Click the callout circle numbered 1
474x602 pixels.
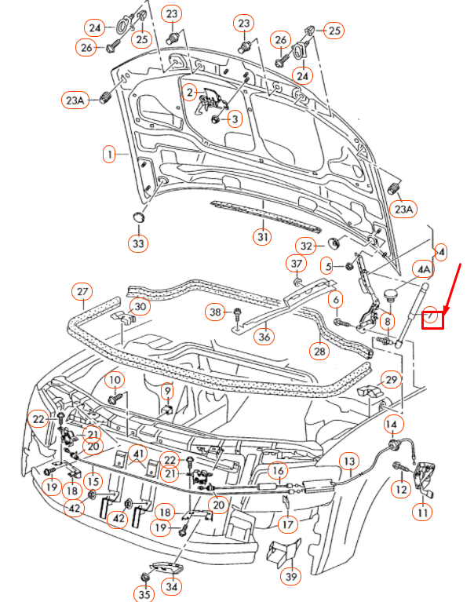[x=110, y=155]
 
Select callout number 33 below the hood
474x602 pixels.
[x=138, y=244]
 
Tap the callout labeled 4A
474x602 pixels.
[x=424, y=270]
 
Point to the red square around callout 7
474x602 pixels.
[x=433, y=319]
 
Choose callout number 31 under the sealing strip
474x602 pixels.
[x=261, y=235]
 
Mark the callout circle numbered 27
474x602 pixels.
[x=82, y=292]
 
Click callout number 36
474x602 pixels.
[x=264, y=337]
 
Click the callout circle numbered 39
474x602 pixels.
[x=292, y=578]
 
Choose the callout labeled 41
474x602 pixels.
[x=138, y=454]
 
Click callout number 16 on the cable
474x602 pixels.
[x=278, y=471]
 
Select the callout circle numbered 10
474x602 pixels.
[x=115, y=381]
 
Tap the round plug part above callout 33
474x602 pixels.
[x=138, y=217]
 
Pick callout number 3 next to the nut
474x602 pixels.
[x=234, y=119]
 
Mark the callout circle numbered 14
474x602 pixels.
[x=392, y=425]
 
